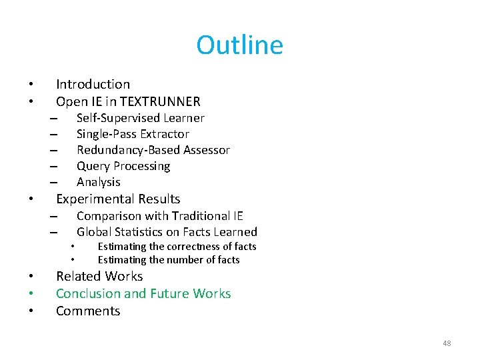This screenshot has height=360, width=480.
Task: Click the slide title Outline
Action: [239, 45]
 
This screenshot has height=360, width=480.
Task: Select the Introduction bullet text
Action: [93, 84]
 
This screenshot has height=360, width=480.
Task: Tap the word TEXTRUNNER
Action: [167, 101]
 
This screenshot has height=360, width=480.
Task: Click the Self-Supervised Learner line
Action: [140, 118]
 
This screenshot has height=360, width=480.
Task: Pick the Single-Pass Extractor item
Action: [133, 134]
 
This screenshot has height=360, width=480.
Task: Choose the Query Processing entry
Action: [123, 166]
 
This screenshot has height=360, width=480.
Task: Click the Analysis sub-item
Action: [99, 182]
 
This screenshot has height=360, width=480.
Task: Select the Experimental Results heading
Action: [118, 199]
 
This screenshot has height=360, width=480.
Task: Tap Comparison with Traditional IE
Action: [160, 215]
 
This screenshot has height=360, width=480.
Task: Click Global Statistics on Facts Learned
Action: [167, 232]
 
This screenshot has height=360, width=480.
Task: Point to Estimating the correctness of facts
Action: [177, 247]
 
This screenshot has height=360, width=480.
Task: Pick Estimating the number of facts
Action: [169, 260]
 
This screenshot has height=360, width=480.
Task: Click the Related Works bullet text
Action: [99, 276]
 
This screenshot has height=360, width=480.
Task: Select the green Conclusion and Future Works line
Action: [143, 293]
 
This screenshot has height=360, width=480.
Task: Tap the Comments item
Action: [88, 311]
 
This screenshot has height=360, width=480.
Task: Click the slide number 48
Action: [447, 343]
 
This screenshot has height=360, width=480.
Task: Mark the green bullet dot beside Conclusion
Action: [31, 294]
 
